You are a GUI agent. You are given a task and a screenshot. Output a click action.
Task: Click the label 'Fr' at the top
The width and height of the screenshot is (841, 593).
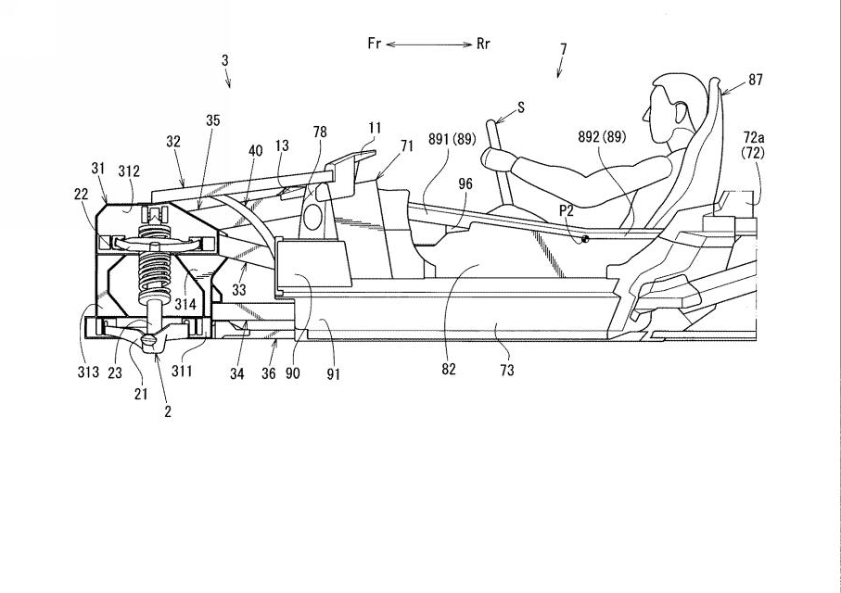click(375, 44)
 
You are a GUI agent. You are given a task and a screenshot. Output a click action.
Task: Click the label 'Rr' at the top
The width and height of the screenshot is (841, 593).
click(483, 44)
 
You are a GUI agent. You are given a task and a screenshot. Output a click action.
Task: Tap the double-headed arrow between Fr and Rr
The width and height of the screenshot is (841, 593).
click(429, 44)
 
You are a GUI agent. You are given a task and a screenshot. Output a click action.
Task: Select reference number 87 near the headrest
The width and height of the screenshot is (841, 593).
click(755, 80)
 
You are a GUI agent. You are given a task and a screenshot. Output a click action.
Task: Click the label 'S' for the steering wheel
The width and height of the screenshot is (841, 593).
click(521, 107)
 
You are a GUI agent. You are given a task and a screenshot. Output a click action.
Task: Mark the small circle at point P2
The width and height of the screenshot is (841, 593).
click(585, 239)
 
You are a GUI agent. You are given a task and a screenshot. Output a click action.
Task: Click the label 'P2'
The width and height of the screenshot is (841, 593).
click(567, 210)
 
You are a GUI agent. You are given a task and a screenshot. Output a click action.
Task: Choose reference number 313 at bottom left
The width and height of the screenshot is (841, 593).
click(88, 372)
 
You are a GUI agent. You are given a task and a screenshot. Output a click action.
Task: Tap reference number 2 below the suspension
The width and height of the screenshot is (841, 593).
click(168, 411)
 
